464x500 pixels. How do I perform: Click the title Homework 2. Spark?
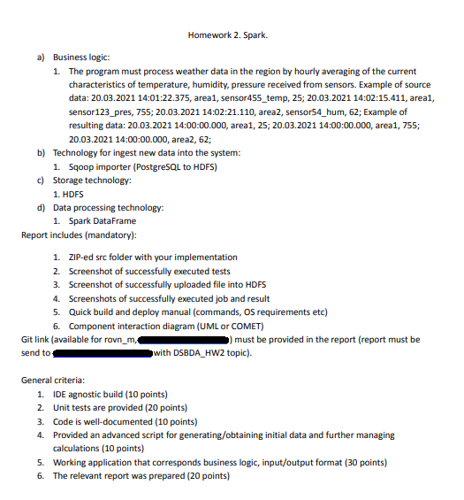228,36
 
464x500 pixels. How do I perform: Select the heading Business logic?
78,57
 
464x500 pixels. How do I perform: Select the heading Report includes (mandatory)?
78,235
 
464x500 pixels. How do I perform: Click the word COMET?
254,326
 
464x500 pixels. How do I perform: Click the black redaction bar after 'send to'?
103,353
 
